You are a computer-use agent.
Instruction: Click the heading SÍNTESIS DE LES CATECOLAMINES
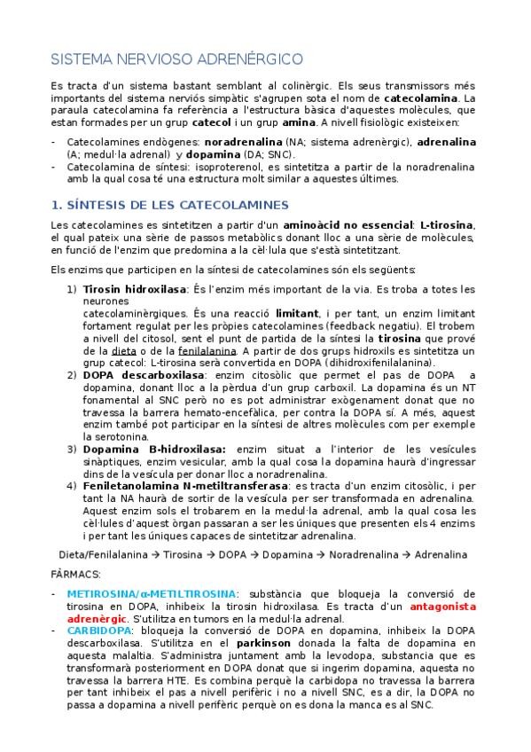tap(170, 206)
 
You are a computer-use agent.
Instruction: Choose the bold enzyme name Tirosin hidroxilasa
tap(135, 289)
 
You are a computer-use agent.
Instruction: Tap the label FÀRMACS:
tap(76, 574)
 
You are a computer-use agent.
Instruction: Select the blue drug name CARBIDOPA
tap(98, 629)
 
